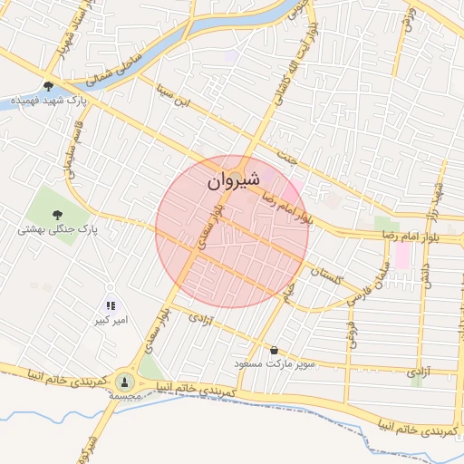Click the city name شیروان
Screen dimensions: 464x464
[x=238, y=181]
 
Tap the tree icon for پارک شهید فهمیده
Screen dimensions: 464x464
[x=48, y=87]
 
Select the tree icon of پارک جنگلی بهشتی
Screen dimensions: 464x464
[x=58, y=215]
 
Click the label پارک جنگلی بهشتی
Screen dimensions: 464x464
[x=57, y=230]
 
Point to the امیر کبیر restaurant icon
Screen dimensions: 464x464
[x=111, y=307]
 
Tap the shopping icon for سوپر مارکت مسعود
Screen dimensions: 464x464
[x=274, y=350]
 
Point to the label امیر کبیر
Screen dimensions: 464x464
[x=114, y=321]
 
